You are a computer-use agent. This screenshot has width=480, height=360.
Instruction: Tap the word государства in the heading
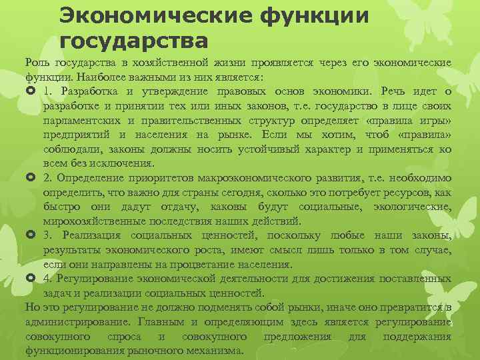pyautogui.click(x=133, y=41)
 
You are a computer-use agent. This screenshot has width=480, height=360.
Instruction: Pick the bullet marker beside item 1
pyautogui.click(x=30, y=91)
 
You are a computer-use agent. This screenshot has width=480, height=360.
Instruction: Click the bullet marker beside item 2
pyautogui.click(x=30, y=178)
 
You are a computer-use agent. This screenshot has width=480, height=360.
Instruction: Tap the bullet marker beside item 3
pyautogui.click(x=30, y=236)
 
